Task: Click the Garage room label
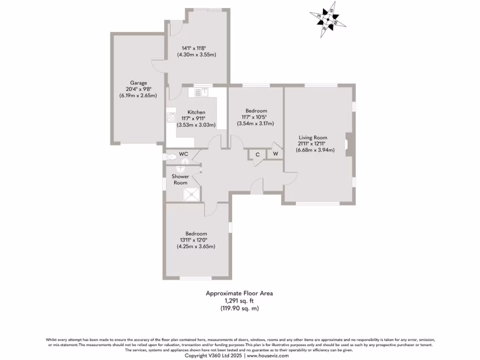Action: pos(139,83)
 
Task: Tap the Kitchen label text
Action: pos(196,112)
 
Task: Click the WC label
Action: pos(183,154)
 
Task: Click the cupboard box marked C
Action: pos(257,154)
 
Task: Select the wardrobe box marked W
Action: pos(275,154)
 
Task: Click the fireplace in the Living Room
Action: pos(347,144)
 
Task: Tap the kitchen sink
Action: pos(205,92)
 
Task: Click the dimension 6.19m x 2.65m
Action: pos(138,96)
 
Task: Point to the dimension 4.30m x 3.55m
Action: pos(196,54)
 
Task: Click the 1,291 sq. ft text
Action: pos(239,301)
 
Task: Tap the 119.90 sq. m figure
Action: pos(239,308)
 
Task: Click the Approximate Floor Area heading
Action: pos(239,293)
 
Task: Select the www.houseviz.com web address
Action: pos(270,356)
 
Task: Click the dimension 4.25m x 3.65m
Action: pos(195,247)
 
